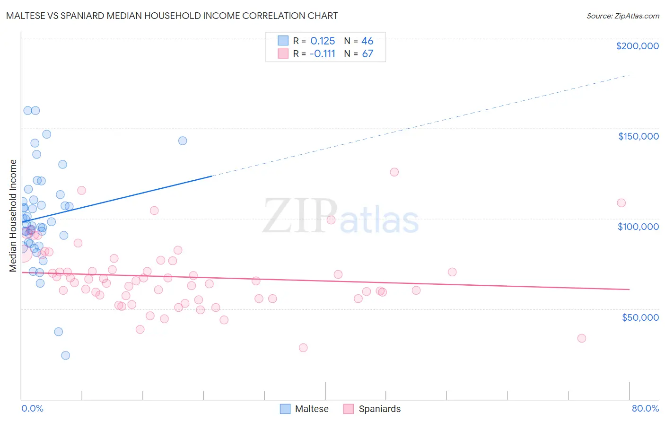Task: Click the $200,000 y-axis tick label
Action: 637,46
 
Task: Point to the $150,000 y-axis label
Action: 638,136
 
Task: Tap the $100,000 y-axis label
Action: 638,227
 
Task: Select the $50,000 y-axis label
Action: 640,317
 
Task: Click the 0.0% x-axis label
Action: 32,408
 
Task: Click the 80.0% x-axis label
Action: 645,408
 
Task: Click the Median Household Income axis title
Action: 13,216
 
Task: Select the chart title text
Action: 172,16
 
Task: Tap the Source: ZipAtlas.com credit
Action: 622,16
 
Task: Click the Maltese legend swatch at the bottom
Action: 285,409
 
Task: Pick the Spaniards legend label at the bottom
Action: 379,409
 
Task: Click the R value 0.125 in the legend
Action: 323,41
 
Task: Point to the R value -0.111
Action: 322,54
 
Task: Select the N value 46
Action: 367,41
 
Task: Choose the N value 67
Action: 367,54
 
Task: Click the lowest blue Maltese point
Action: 66,355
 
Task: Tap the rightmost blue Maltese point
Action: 183,141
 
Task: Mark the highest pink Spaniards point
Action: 394,172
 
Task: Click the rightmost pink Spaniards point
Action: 621,203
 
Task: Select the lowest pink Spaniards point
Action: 303,348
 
